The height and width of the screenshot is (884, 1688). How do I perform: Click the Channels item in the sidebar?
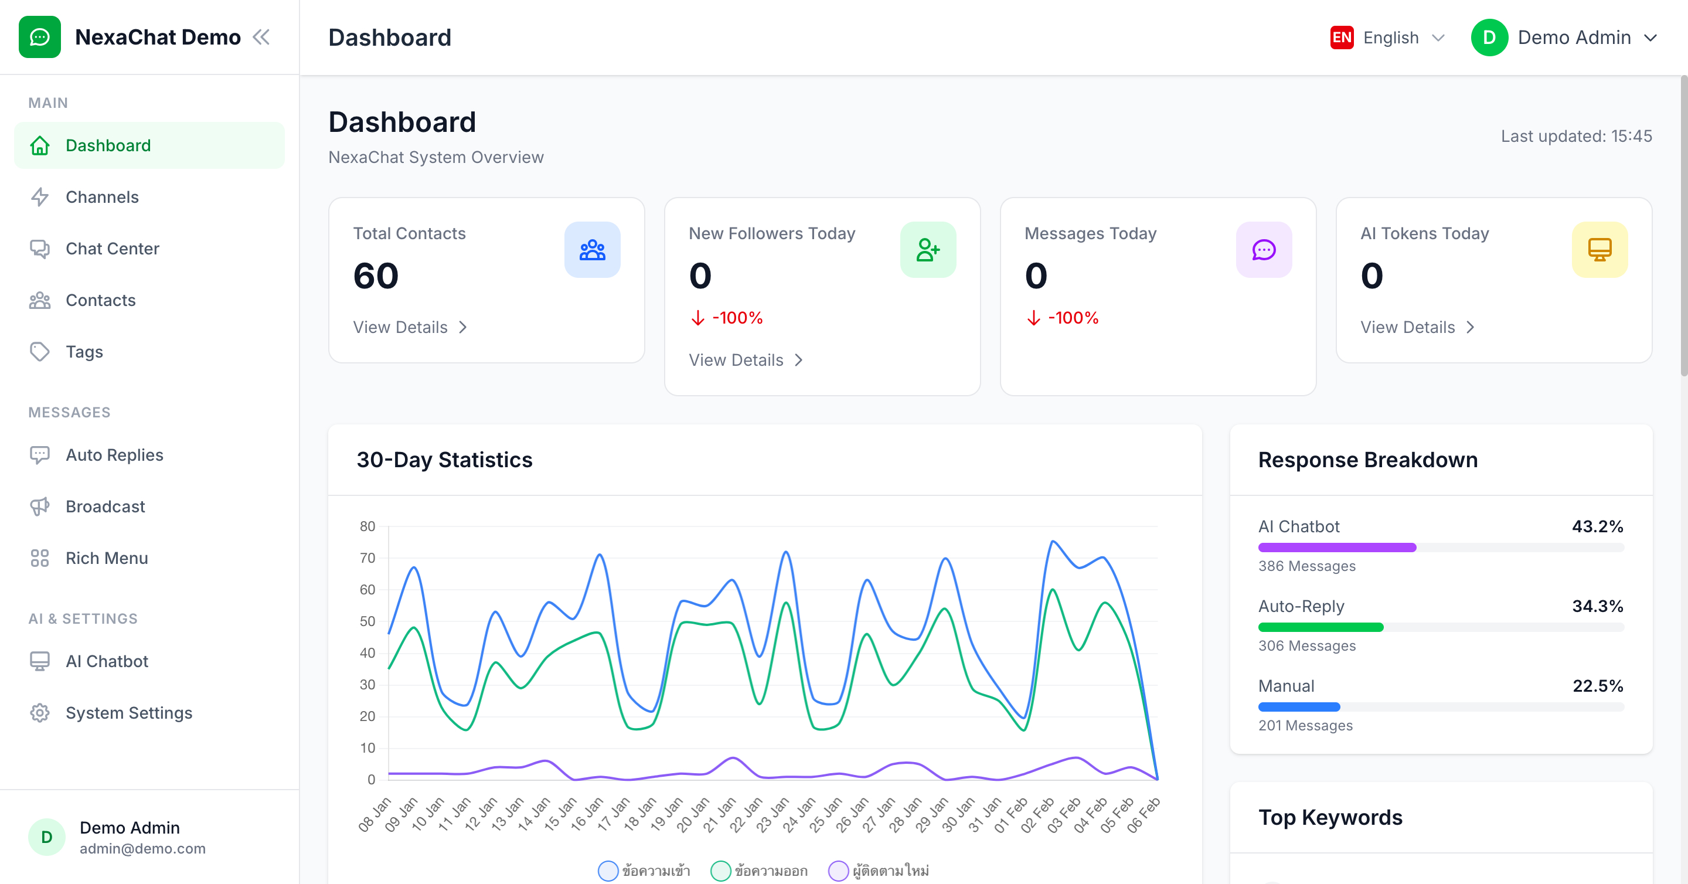pyautogui.click(x=101, y=197)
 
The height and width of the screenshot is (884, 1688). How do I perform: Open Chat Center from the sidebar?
pyautogui.click(x=112, y=249)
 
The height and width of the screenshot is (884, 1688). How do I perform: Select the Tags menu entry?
pyautogui.click(x=84, y=352)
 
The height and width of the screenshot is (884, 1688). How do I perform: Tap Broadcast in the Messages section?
pyautogui.click(x=105, y=506)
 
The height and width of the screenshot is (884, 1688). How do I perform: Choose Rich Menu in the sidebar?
pyautogui.click(x=106, y=558)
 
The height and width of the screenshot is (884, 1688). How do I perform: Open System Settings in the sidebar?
pyautogui.click(x=128, y=713)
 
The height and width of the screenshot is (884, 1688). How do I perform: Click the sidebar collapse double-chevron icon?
pyautogui.click(x=261, y=38)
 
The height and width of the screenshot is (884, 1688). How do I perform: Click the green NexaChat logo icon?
pyautogui.click(x=40, y=38)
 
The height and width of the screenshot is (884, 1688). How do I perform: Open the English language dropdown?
pyautogui.click(x=1403, y=38)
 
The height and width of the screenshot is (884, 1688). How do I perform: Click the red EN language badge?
pyautogui.click(x=1342, y=38)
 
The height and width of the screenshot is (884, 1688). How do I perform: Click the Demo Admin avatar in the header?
pyautogui.click(x=1489, y=38)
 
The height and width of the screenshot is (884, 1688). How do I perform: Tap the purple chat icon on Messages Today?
pyautogui.click(x=1264, y=250)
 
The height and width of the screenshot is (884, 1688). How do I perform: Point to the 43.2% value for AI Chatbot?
pyautogui.click(x=1597, y=526)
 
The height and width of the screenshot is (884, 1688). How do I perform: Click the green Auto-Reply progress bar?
pyautogui.click(x=1321, y=628)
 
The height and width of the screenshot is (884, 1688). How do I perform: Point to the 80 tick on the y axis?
pyautogui.click(x=367, y=526)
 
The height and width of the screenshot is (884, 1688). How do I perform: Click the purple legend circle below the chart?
pyautogui.click(x=838, y=871)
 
